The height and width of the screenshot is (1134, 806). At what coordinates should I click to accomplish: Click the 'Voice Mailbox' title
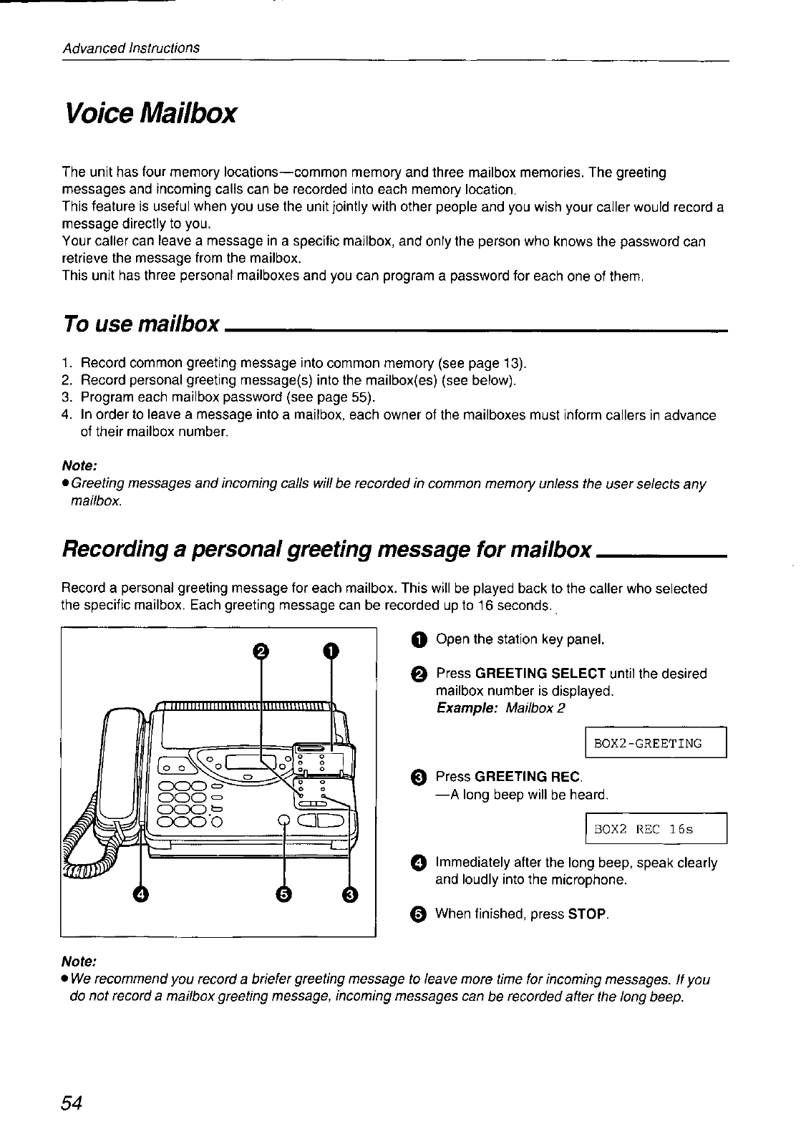pos(150,113)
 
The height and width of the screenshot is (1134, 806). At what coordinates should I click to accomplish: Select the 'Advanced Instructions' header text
pos(130,48)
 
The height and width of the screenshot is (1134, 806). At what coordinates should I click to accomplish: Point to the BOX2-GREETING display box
pos(656,742)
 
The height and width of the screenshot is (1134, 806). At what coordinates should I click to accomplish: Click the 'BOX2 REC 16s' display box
pos(656,830)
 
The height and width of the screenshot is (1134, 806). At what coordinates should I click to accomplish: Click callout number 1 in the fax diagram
pos(330,650)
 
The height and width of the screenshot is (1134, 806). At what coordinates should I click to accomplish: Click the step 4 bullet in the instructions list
pos(419,862)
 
